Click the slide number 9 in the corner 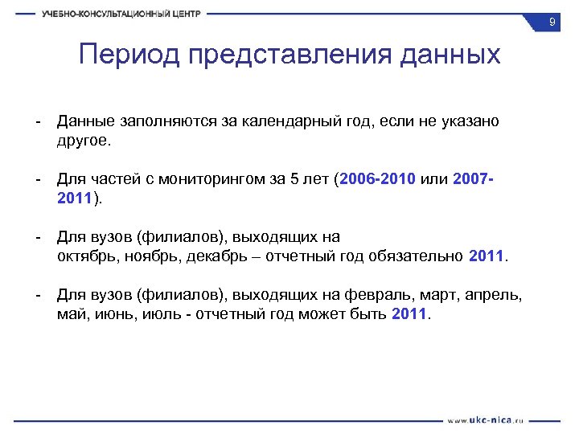pos(552,23)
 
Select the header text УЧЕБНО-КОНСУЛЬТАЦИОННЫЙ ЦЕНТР pos(121,14)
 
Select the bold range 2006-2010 pos(378,179)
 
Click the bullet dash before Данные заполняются pos(37,121)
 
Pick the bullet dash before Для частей pos(37,179)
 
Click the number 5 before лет pos(294,179)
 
